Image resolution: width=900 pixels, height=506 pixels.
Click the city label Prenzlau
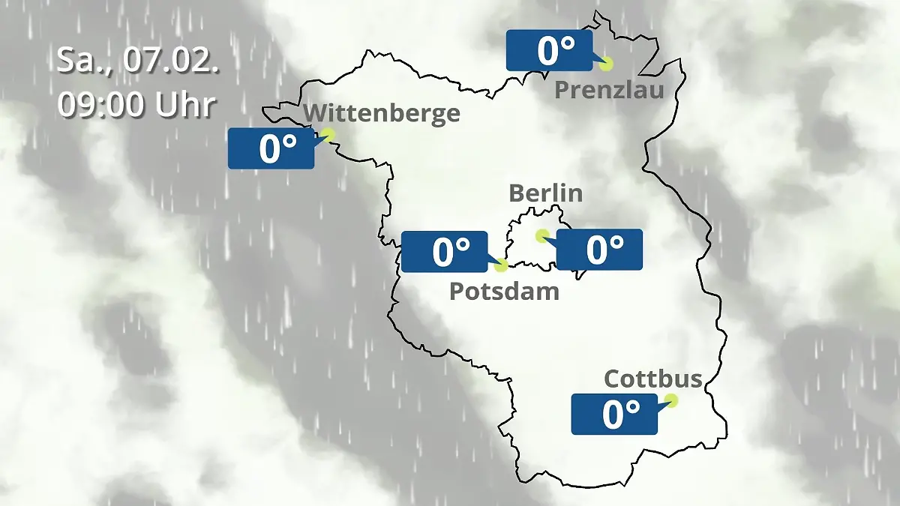[x=609, y=91]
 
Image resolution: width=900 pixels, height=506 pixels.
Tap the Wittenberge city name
[x=382, y=114]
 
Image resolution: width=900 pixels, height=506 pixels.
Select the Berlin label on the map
[x=545, y=193]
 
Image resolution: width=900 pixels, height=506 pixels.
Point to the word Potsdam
[x=504, y=291]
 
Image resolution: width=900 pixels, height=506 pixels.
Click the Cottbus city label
[x=652, y=379]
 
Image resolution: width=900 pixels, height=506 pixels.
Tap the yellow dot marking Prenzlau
[x=606, y=64]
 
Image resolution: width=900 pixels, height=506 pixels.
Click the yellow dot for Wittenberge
[x=328, y=134]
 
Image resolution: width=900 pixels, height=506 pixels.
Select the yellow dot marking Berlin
[x=541, y=235]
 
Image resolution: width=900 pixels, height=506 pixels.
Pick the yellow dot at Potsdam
[x=502, y=265]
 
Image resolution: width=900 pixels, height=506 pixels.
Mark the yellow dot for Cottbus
[x=671, y=400]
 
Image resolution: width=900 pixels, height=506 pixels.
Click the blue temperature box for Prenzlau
[x=550, y=51]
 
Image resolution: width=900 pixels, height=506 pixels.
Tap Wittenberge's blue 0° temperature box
[x=271, y=148]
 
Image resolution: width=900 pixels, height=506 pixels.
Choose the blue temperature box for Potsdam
[x=445, y=252]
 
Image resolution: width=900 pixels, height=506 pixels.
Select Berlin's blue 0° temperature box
[x=599, y=249]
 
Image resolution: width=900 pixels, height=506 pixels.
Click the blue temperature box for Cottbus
[x=614, y=414]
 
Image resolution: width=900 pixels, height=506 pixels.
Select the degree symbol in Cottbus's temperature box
[x=632, y=406]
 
